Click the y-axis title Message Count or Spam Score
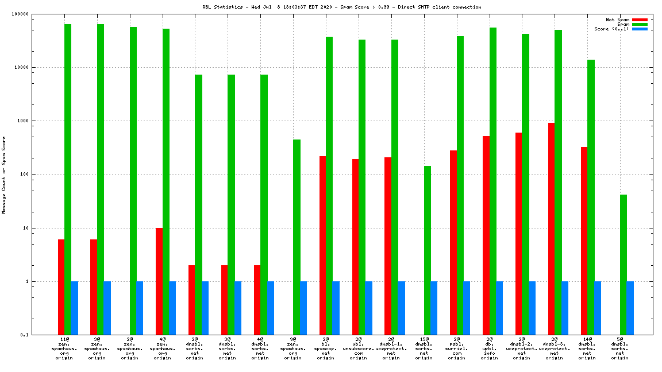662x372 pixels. click(x=4, y=175)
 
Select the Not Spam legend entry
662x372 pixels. click(x=618, y=20)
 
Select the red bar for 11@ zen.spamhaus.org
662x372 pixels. click(x=61, y=287)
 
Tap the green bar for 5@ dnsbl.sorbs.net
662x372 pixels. click(x=623, y=265)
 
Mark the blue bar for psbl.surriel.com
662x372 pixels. click(x=467, y=308)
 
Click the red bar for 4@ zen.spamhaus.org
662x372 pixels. click(x=159, y=281)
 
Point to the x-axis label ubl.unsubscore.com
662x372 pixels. click(x=358, y=348)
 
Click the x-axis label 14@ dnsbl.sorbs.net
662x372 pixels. click(x=587, y=348)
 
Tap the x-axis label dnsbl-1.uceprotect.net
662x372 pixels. click(x=391, y=348)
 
